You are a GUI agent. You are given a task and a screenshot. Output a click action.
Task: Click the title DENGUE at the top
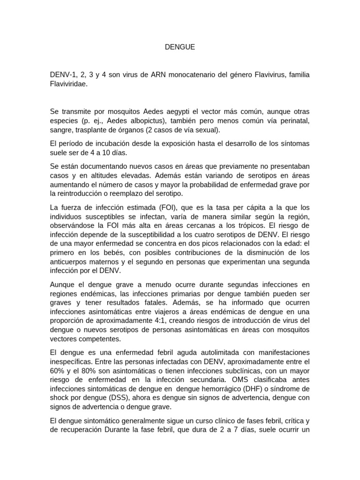(x=180, y=47)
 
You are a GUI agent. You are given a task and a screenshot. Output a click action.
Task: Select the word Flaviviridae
(x=68, y=85)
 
